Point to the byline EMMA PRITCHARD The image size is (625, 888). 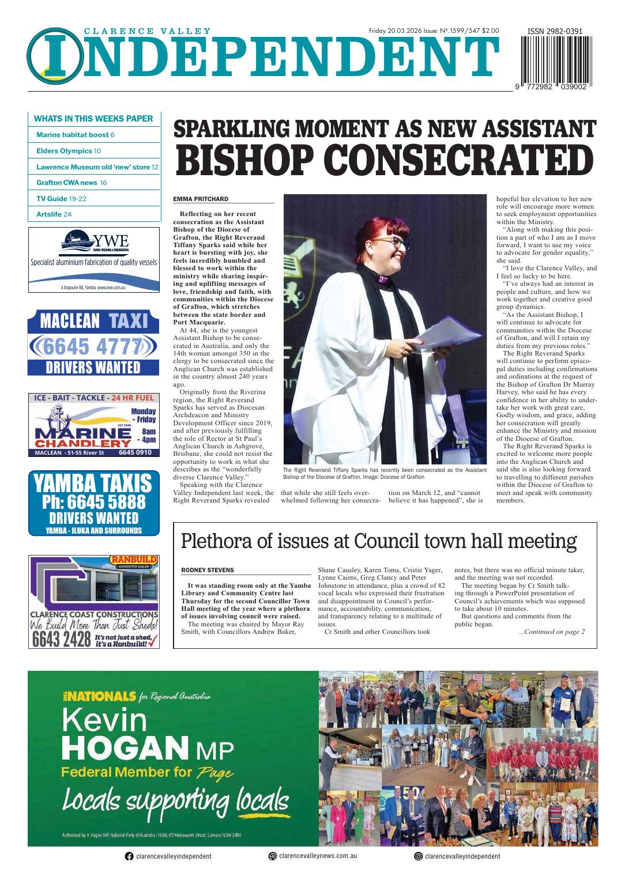point(201,199)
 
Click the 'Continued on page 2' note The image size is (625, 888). point(551,632)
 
